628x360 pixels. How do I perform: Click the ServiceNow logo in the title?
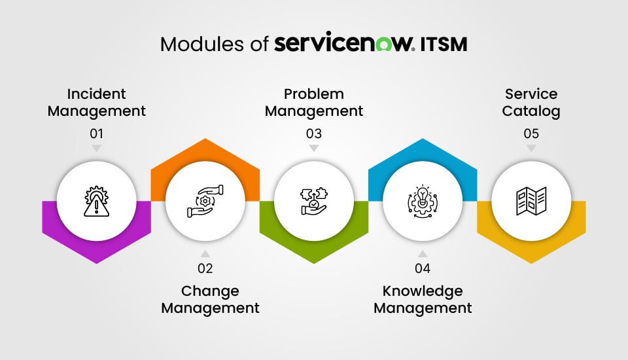[344, 44]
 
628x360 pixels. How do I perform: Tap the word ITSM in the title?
[443, 44]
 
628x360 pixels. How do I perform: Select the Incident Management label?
[97, 103]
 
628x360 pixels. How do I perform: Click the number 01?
[97, 134]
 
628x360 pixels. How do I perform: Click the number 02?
[205, 268]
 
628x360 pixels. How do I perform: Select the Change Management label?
[211, 299]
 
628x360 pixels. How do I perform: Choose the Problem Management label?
[314, 103]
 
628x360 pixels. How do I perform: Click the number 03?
[314, 134]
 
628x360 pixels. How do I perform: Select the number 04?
[423, 268]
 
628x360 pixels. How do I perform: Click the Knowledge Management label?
[423, 299]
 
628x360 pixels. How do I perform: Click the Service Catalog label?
[531, 103]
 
